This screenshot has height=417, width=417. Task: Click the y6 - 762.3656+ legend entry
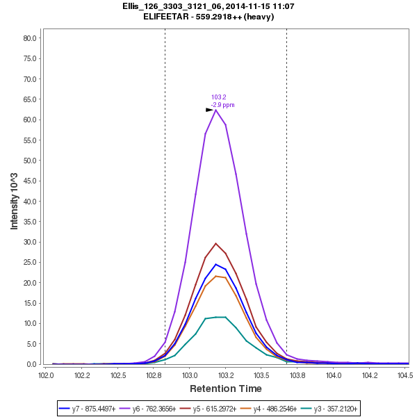[158, 409]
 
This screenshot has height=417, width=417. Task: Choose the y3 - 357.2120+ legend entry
[338, 409]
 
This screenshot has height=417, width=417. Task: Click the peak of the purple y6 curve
[216, 110]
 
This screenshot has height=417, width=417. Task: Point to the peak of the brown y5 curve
[216, 243]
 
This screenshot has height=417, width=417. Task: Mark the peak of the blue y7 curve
[216, 264]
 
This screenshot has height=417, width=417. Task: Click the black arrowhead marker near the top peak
[209, 110]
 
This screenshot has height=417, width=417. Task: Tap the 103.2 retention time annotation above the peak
[219, 97]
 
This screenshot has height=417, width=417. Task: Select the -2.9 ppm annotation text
[222, 105]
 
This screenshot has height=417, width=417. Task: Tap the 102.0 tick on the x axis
[46, 375]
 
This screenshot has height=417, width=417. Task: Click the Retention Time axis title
[226, 389]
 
